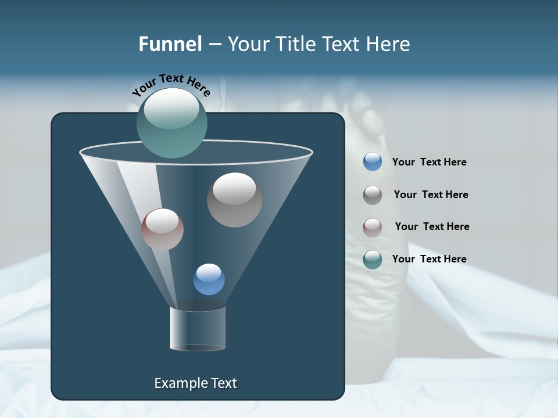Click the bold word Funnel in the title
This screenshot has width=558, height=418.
click(x=170, y=44)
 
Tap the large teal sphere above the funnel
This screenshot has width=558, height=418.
click(x=172, y=122)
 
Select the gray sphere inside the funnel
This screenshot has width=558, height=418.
click(x=235, y=200)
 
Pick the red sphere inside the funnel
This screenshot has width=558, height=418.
click(x=162, y=229)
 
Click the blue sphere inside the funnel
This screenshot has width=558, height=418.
click(x=209, y=279)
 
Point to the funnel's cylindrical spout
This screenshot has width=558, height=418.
click(x=198, y=329)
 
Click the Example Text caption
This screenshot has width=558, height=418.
click(x=195, y=383)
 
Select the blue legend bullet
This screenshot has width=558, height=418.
click(x=372, y=161)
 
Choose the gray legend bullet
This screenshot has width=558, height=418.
click(x=372, y=195)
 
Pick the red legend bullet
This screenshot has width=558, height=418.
click(x=372, y=228)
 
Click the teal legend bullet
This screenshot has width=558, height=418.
click(x=372, y=260)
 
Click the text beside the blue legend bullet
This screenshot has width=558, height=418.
click(x=429, y=162)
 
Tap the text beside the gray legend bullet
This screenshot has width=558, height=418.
click(x=431, y=194)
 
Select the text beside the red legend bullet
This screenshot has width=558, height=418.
click(x=432, y=226)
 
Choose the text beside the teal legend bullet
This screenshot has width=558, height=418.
click(x=429, y=259)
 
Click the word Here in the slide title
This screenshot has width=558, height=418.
click(x=389, y=44)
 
